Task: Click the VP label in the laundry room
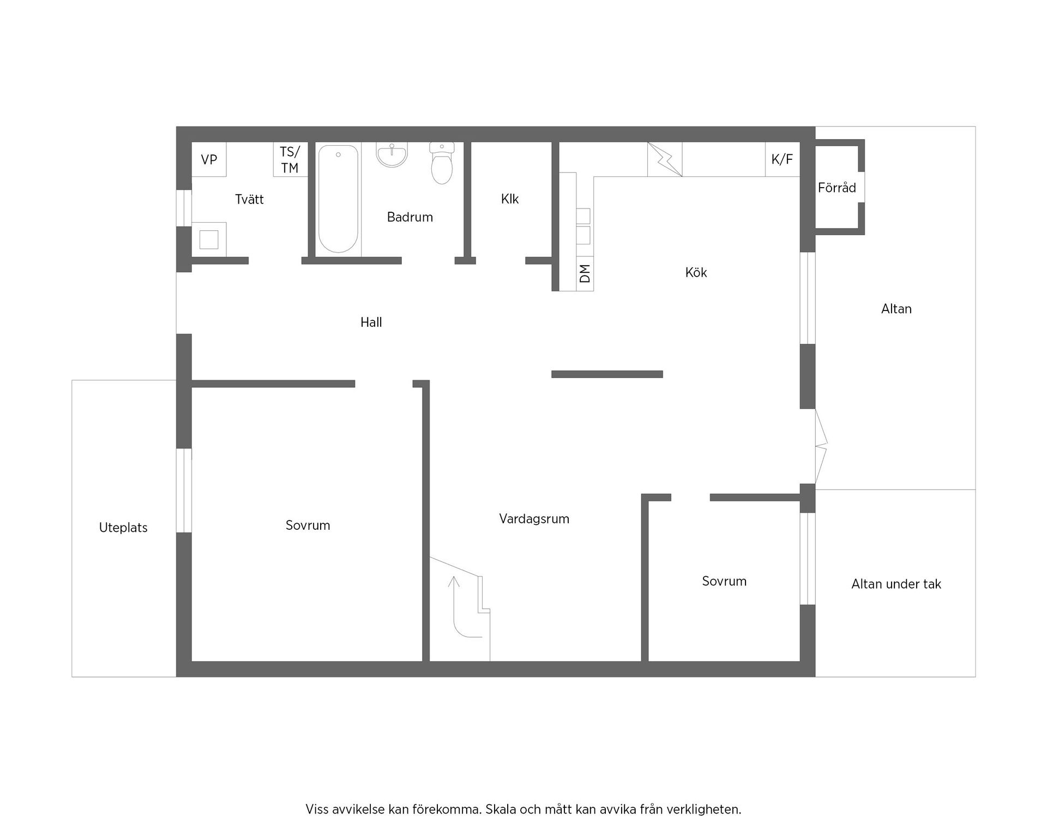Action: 209,159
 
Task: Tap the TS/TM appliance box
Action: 290,159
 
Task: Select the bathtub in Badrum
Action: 338,199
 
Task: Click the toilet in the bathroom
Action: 442,163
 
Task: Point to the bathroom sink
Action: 392,155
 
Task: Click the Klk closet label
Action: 510,199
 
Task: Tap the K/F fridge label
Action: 782,159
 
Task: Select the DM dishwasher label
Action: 585,273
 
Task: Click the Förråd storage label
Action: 837,188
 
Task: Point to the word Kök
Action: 696,272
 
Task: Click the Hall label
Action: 371,322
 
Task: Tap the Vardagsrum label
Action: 534,519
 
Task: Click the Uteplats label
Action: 123,528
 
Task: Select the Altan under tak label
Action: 896,584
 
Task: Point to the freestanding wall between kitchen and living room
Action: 607,374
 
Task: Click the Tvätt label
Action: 249,199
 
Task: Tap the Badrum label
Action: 410,217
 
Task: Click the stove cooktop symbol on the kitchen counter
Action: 664,159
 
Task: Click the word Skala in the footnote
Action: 502,810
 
